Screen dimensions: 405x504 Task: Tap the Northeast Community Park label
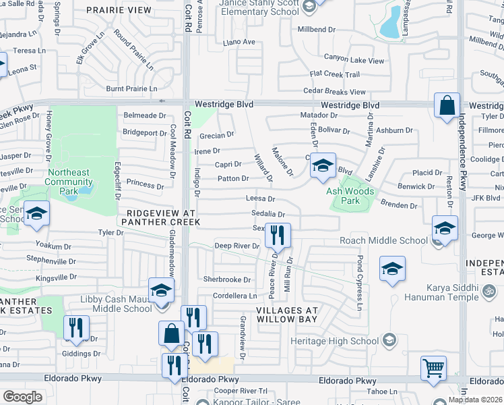click(x=68, y=177)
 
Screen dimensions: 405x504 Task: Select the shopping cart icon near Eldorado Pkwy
click(x=433, y=369)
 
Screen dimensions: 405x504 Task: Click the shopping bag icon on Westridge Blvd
click(x=447, y=107)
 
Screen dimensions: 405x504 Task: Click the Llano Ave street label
click(x=239, y=43)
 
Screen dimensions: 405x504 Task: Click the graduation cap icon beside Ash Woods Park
click(x=323, y=166)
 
